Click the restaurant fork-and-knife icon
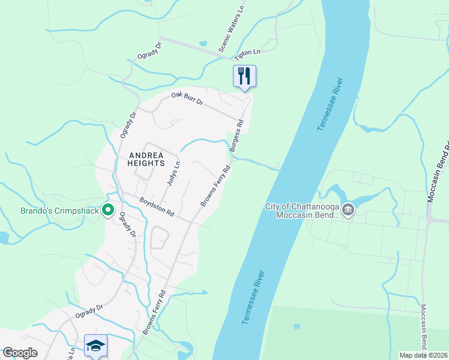tap(244, 76)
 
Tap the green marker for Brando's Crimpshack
tap(108, 210)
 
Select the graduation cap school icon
tap(96, 345)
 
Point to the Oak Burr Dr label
tap(187, 99)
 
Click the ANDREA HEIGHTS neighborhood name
tap(146, 159)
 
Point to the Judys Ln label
tap(173, 173)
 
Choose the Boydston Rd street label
tap(157, 208)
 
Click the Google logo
tap(20, 353)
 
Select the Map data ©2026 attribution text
tap(423, 355)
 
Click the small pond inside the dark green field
tap(297, 326)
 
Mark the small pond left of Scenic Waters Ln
tap(202, 44)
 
